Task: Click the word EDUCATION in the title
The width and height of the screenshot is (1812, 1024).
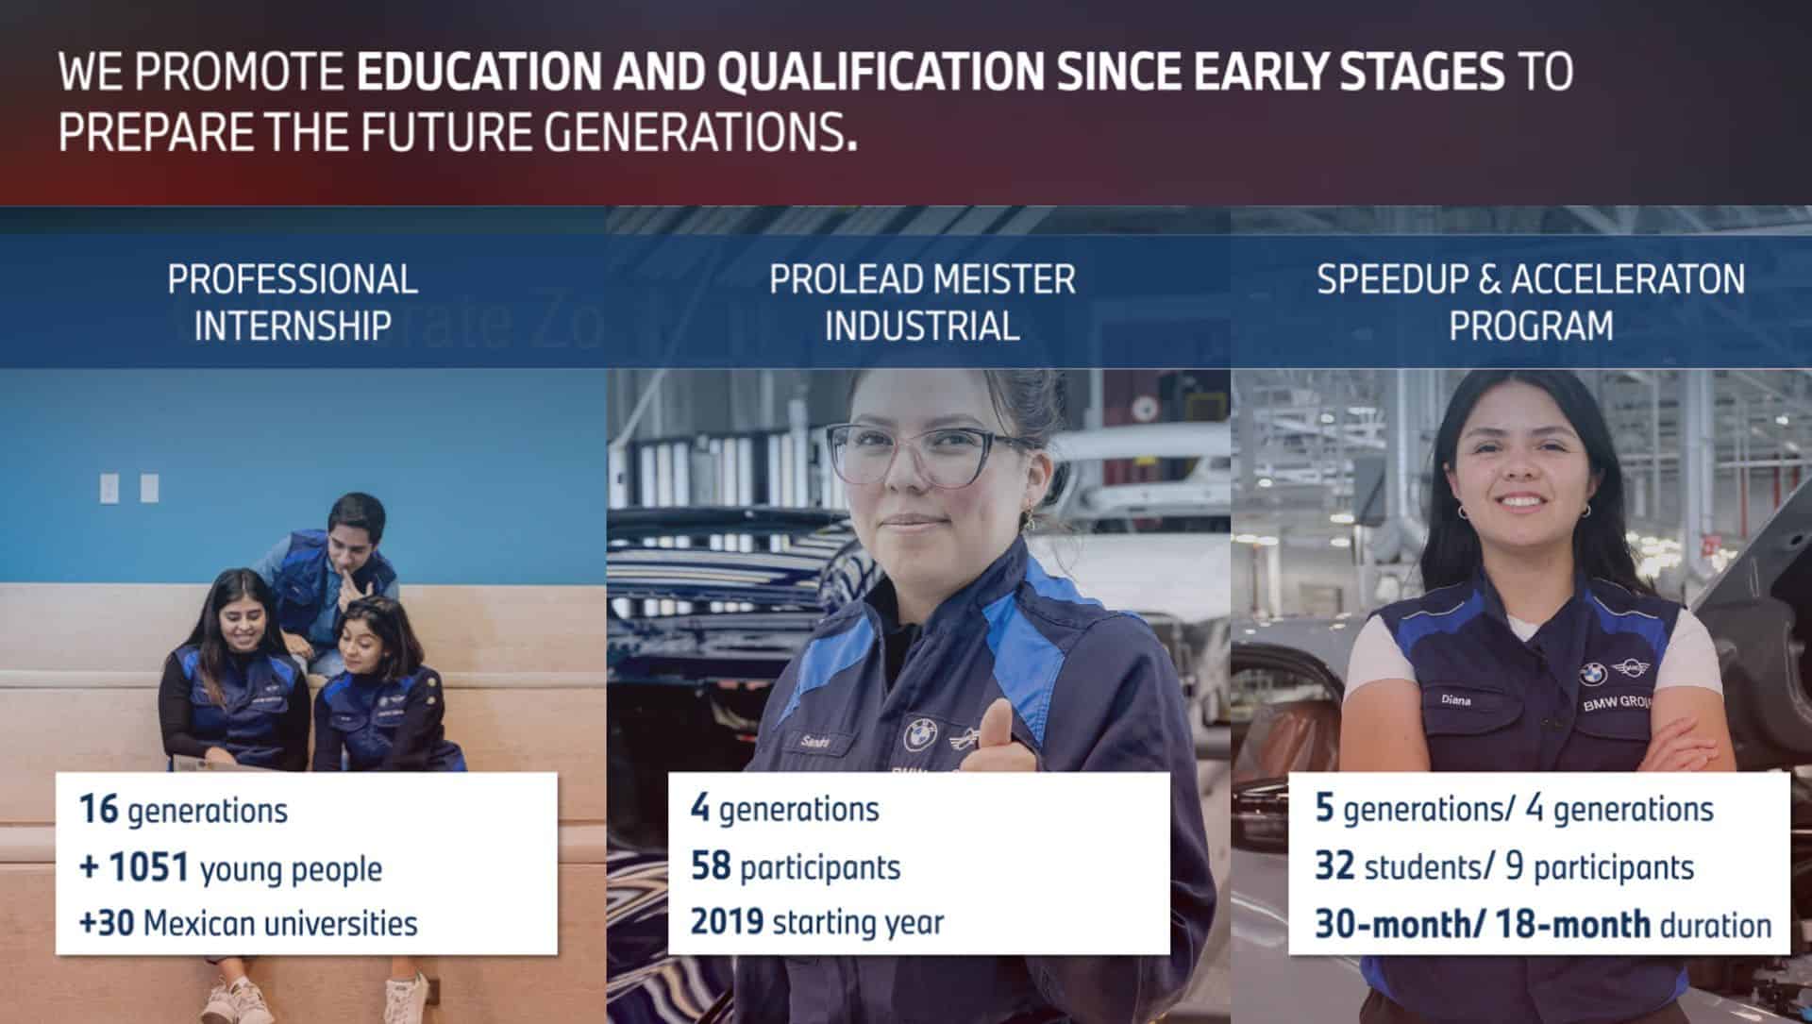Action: [478, 72]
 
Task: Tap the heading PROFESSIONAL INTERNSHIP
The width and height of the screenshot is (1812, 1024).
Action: [293, 302]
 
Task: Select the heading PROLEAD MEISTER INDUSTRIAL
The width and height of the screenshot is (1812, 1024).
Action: [922, 302]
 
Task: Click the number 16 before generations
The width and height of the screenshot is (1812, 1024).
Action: [98, 809]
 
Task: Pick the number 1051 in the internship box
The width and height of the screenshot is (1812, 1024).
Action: [149, 867]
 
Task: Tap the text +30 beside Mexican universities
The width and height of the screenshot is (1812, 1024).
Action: [106, 922]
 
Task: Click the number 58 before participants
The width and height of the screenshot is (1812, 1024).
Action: [711, 865]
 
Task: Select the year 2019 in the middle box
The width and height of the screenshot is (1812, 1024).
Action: [727, 920]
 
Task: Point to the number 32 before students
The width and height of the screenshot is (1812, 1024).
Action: [1334, 865]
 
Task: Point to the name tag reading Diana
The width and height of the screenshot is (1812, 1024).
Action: [1456, 700]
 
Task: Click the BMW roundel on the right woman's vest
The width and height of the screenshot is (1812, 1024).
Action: [1593, 673]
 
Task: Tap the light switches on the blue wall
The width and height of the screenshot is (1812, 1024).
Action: [129, 488]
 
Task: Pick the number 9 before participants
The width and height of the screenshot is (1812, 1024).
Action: [1515, 865]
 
